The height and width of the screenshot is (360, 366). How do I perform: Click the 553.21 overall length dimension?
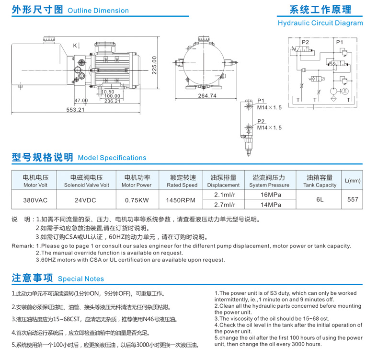tap(75, 110)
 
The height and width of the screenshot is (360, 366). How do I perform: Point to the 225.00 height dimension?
tap(154, 65)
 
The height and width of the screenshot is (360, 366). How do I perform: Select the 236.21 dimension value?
tap(113, 101)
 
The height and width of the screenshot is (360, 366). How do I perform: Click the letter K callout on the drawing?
tap(75, 46)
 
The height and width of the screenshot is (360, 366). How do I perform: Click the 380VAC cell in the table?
tap(33, 199)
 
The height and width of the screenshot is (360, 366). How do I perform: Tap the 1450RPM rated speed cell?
tap(182, 199)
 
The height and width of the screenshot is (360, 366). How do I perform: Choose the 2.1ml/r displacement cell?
tap(223, 195)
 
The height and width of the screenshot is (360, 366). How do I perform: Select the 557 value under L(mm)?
tap(353, 199)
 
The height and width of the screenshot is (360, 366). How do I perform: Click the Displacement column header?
tap(223, 185)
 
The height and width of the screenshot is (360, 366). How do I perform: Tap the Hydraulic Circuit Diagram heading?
tap(320, 23)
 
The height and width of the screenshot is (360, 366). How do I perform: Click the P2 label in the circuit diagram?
tap(305, 42)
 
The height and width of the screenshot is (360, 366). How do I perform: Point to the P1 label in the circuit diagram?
tap(340, 42)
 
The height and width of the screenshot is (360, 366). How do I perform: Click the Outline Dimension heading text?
tap(98, 11)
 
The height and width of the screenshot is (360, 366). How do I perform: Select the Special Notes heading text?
tap(80, 279)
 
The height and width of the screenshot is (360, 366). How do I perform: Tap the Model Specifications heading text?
tap(112, 158)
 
